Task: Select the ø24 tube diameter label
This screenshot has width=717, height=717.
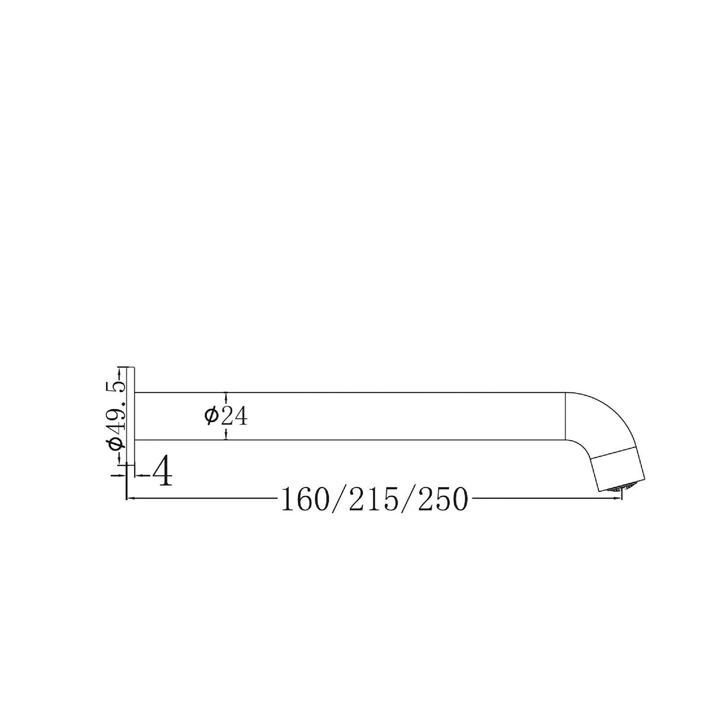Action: pyautogui.click(x=225, y=416)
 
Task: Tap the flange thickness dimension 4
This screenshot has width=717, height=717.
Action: pyautogui.click(x=163, y=471)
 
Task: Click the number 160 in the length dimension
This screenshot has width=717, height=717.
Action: pyautogui.click(x=304, y=500)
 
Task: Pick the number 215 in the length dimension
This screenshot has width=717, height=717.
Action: pyautogui.click(x=374, y=500)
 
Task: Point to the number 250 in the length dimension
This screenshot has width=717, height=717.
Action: pyautogui.click(x=443, y=500)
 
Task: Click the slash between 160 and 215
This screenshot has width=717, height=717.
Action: pyautogui.click(x=339, y=500)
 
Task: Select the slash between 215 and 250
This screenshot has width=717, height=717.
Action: pyautogui.click(x=408, y=500)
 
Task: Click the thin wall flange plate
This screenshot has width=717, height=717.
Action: pyautogui.click(x=131, y=415)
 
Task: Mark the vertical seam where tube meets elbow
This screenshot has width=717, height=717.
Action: pyautogui.click(x=566, y=416)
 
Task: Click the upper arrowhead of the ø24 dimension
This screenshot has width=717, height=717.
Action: pyautogui.click(x=226, y=396)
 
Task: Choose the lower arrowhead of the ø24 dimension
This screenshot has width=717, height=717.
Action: pyautogui.click(x=226, y=436)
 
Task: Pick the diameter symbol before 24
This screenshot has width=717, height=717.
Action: pyautogui.click(x=210, y=416)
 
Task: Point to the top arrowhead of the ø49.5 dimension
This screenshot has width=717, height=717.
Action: pyautogui.click(x=119, y=371)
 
